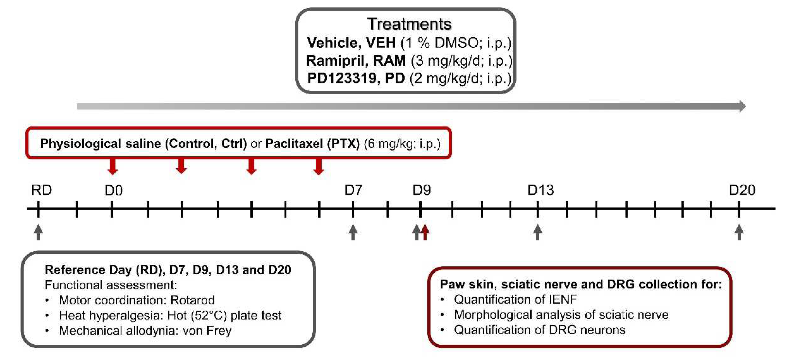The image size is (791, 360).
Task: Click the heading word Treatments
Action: tap(409, 24)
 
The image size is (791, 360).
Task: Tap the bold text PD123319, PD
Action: tap(356, 78)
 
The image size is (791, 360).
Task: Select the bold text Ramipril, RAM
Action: tap(356, 60)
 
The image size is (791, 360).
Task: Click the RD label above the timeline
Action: tap(41, 190)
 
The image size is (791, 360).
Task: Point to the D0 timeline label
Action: tap(114, 191)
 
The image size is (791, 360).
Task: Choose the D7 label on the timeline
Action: tap(353, 190)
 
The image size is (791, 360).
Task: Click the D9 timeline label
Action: tap(421, 190)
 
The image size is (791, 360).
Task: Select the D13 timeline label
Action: tap(540, 190)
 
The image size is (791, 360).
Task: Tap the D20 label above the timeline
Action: tap(742, 190)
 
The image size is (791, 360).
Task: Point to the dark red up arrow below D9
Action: tap(425, 232)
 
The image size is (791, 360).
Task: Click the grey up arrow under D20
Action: tap(739, 232)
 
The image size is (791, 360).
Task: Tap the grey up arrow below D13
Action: tap(537, 232)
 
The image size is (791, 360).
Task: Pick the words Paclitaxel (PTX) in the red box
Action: tap(312, 143)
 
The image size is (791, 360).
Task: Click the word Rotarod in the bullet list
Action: tap(193, 300)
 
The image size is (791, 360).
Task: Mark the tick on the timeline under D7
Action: tap(353, 209)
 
